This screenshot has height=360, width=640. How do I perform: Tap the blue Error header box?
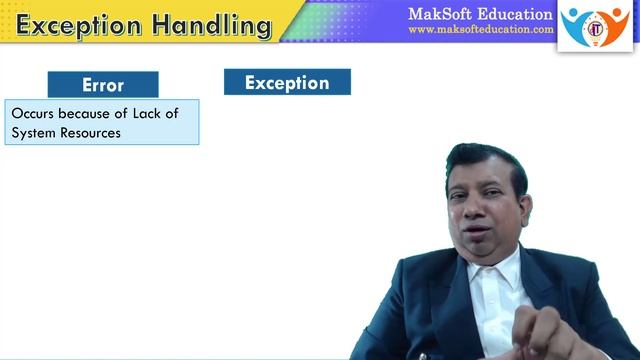coord(102,85)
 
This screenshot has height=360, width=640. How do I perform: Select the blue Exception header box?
coord(287,82)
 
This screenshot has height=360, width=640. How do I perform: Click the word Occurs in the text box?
coord(33,114)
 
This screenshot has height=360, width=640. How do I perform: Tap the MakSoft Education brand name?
coord(480,14)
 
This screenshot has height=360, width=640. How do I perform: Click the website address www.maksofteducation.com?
coord(480,30)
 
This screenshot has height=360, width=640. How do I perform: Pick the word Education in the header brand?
coord(517,14)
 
